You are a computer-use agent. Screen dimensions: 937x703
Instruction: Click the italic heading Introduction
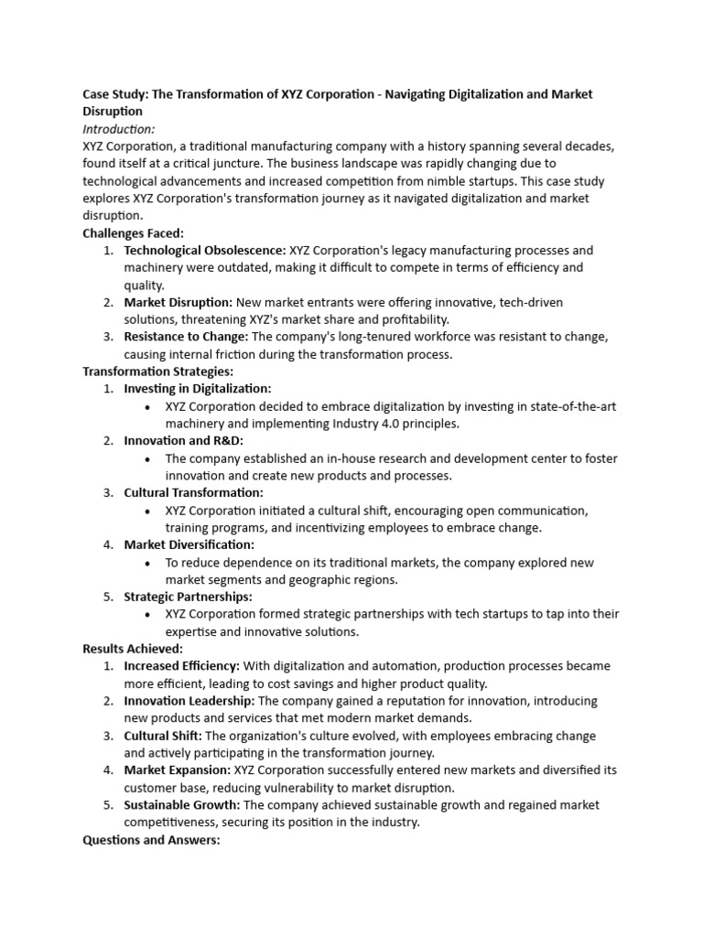(118, 129)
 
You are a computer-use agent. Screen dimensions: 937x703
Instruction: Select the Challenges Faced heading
(133, 233)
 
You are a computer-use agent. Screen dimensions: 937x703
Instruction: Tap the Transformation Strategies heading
(157, 372)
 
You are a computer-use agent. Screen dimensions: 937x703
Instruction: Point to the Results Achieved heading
(133, 649)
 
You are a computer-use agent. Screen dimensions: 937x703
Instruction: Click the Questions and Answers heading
(151, 839)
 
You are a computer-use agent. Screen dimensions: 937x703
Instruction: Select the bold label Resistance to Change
(186, 337)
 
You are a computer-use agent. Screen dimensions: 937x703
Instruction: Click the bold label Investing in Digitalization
(198, 389)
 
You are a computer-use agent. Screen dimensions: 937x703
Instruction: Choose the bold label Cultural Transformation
(193, 493)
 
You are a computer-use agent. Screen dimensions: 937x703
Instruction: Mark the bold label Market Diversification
(189, 545)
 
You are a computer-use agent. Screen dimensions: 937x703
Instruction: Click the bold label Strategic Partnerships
(188, 598)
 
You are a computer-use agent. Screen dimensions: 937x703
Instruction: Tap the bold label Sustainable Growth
(182, 805)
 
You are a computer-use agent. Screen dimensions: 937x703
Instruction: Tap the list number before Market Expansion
(108, 770)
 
